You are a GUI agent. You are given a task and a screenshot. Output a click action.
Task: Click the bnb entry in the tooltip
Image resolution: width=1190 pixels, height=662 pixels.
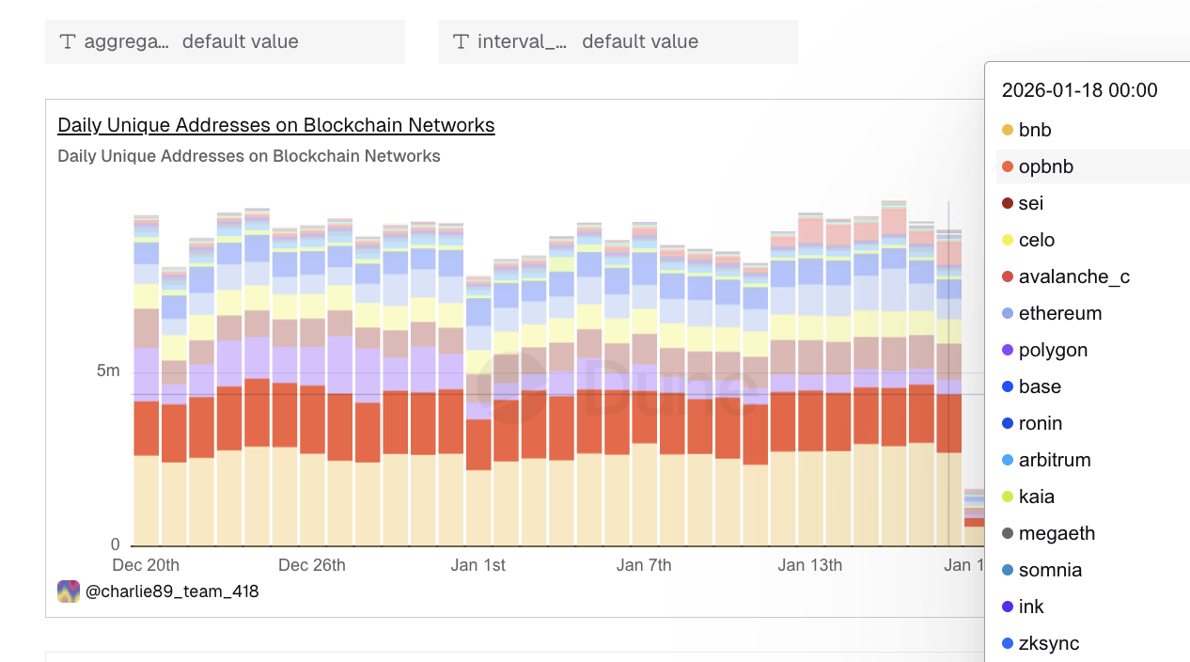(x=1035, y=130)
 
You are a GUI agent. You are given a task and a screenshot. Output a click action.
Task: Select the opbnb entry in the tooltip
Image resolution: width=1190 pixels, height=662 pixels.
(x=1045, y=166)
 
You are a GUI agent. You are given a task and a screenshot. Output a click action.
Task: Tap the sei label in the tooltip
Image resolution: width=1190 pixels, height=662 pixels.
(x=1031, y=203)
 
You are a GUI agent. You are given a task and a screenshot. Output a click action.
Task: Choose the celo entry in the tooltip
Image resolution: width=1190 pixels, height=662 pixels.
(x=1037, y=240)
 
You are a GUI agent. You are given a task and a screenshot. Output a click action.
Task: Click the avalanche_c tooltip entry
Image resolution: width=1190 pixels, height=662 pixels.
(x=1073, y=276)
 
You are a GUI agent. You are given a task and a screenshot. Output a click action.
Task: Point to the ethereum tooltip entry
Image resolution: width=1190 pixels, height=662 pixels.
(x=1059, y=313)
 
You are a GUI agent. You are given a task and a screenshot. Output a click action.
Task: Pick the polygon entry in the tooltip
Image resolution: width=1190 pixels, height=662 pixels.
(x=1053, y=350)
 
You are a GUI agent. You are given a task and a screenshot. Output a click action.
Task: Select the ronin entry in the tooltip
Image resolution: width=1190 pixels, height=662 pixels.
(x=1041, y=423)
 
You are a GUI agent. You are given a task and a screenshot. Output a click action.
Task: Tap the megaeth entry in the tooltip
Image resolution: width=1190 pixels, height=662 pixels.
(x=1057, y=533)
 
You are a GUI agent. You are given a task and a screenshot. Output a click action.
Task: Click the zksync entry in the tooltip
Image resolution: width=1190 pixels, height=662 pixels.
(x=1048, y=643)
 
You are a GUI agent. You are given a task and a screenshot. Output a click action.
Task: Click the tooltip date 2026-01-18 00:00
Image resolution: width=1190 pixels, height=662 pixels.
(x=1079, y=90)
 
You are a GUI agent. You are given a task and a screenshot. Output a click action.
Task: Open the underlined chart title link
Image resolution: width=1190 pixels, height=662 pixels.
(x=275, y=125)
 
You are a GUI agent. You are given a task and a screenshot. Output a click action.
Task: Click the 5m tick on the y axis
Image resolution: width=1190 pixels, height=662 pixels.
(x=108, y=370)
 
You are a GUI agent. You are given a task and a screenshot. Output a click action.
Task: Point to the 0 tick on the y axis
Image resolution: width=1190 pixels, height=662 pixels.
(x=116, y=544)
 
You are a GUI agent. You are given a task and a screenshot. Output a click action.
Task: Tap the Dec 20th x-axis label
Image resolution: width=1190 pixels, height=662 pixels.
(x=146, y=565)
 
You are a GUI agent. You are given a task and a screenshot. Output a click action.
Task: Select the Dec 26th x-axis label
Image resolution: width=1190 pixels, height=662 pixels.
(x=312, y=565)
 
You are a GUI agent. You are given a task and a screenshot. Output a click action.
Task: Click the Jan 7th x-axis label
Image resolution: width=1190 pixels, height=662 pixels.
(x=644, y=565)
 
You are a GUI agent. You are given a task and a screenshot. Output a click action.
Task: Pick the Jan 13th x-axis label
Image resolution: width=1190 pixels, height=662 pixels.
(x=810, y=565)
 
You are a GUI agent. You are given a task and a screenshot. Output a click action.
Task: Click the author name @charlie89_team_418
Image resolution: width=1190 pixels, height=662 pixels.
(x=172, y=591)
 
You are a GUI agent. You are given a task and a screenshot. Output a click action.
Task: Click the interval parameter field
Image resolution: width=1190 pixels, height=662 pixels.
(x=618, y=41)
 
